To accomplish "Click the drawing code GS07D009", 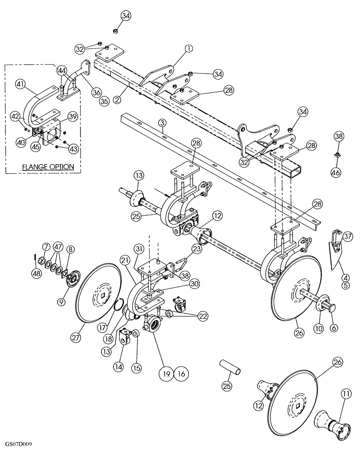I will (19, 445).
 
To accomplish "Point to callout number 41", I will (20, 84).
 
